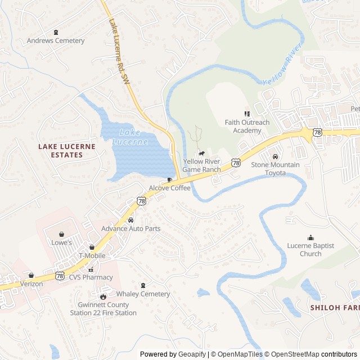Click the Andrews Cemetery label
coord(56,40)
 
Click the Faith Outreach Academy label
coord(247,127)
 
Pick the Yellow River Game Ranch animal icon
coord(201,153)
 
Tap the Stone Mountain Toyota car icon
coord(275,156)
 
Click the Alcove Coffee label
coord(169,188)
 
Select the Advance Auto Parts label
coord(130,228)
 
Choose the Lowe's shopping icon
coord(61,234)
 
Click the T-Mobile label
coord(92,255)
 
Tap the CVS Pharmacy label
coord(91,277)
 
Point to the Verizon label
coord(31,284)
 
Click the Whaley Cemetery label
coord(143,294)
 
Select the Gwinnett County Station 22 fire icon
coord(103,296)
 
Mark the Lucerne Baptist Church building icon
coord(310,237)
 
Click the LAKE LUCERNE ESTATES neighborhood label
coord(66,150)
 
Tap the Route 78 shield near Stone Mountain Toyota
coord(235,163)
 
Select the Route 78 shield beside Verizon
coord(60,276)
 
